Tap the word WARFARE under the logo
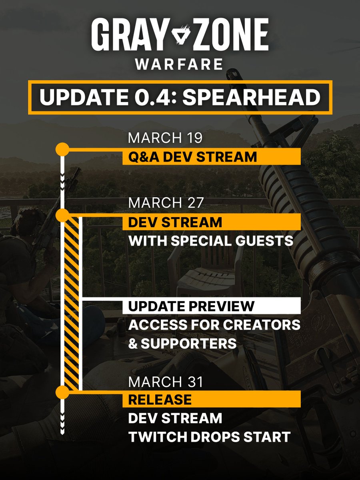pos(179,64)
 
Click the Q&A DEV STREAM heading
pos(192,157)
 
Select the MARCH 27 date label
pos(166,202)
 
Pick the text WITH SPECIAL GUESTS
pos(211,241)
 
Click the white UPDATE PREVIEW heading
pos(191,306)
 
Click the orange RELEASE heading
pos(160,399)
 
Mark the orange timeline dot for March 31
pos(62,392)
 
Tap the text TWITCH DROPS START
pos(209,437)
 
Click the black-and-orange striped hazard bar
pos(72,304)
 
